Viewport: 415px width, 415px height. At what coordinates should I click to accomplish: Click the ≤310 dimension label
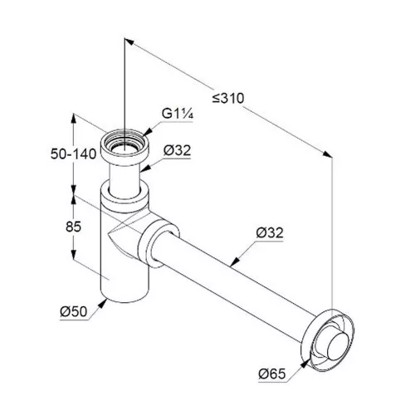click(x=228, y=98)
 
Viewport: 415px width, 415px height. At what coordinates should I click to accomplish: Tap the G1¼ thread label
click(x=177, y=114)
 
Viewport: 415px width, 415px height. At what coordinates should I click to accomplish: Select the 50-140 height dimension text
click(x=74, y=154)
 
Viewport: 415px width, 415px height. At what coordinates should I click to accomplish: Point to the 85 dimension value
click(x=74, y=227)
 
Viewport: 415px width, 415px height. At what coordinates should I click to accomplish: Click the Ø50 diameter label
click(x=74, y=312)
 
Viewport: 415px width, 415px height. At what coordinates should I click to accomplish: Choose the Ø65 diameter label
click(x=272, y=374)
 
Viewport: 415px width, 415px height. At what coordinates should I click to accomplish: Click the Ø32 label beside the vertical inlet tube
click(x=177, y=150)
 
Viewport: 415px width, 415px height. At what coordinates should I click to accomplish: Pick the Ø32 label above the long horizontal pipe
click(x=270, y=232)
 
